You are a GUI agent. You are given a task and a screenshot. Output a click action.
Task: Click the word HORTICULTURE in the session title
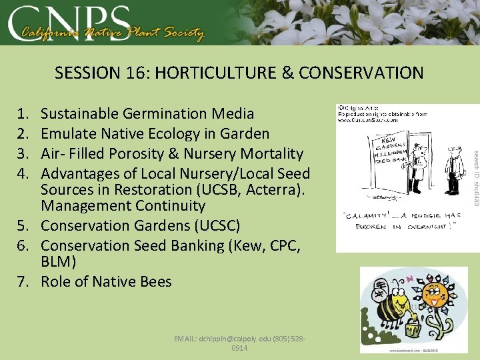pyautogui.click(x=219, y=73)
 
